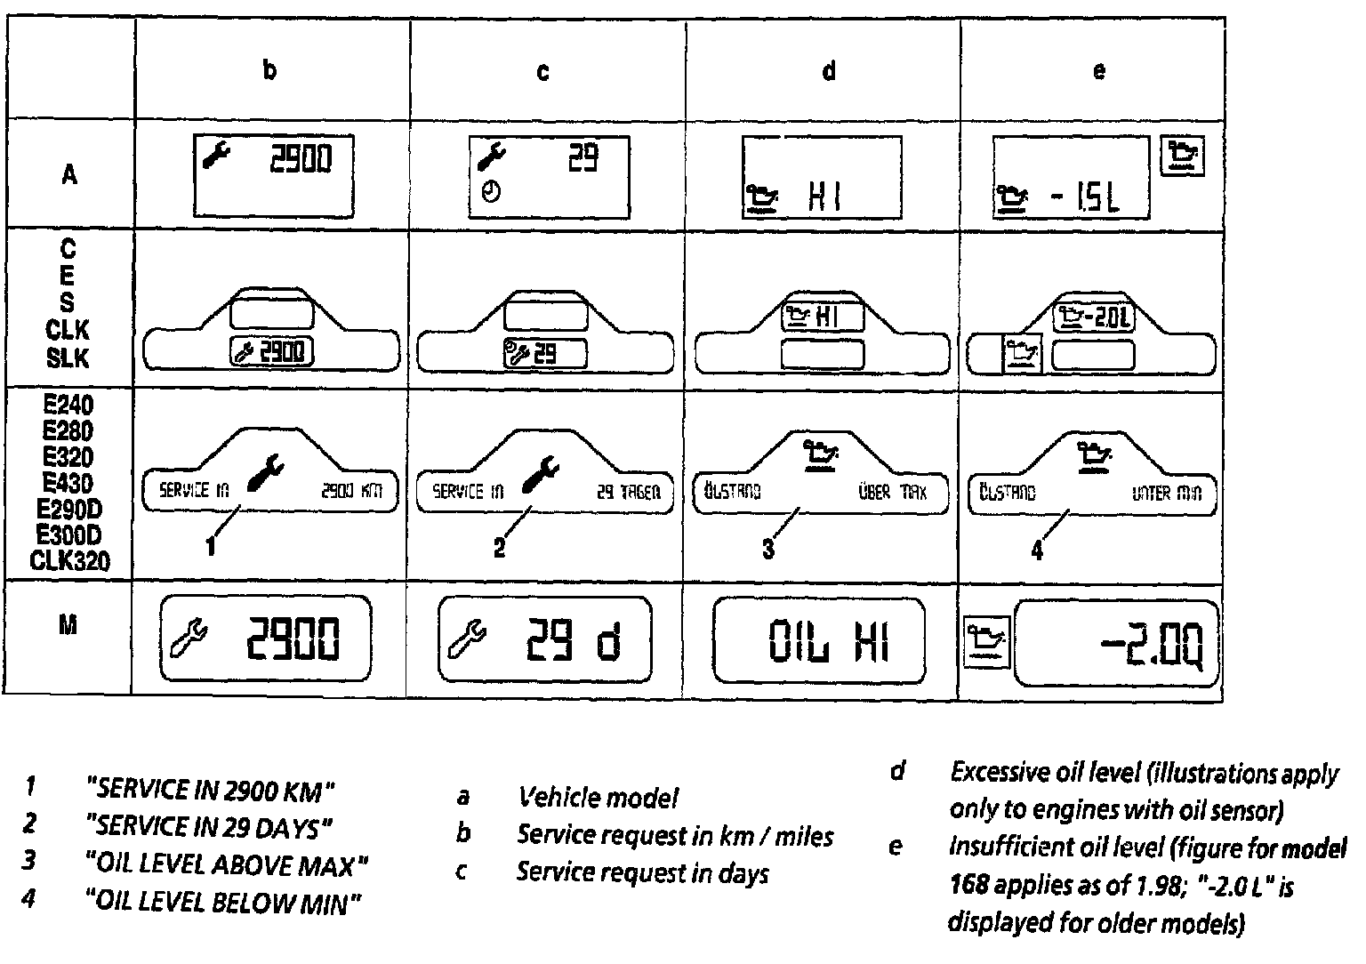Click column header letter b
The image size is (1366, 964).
(x=269, y=70)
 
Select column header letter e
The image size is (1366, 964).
(x=1099, y=71)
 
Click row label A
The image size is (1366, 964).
(x=68, y=175)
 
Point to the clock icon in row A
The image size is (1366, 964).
(x=490, y=191)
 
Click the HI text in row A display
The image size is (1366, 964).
(x=824, y=197)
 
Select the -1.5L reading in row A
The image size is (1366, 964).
(x=1084, y=197)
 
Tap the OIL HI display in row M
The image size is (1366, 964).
(x=828, y=641)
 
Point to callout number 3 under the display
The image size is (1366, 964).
(x=768, y=550)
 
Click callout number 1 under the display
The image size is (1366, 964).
(x=211, y=547)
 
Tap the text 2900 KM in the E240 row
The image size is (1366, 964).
(x=351, y=491)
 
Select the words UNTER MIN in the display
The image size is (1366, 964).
(x=1166, y=492)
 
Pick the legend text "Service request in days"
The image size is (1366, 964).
(x=642, y=873)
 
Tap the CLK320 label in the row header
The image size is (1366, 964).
(x=70, y=561)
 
